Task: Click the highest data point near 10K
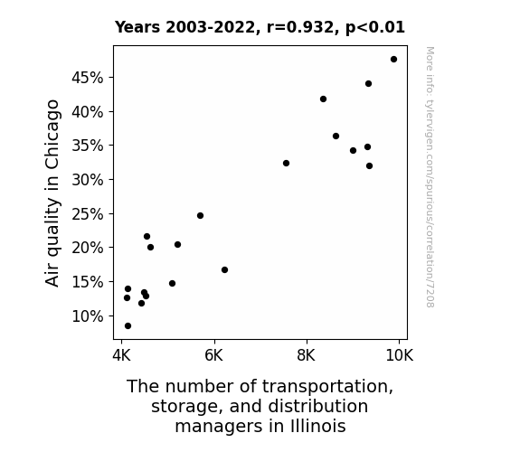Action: click(393, 60)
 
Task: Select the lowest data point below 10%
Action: click(128, 326)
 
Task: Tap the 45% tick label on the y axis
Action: click(87, 78)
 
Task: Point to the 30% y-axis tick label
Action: click(87, 180)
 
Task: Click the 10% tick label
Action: click(87, 316)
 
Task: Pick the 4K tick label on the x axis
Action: click(121, 355)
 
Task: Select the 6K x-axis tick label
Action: click(214, 355)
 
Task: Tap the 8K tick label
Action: click(306, 355)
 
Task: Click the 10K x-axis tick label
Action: click(400, 355)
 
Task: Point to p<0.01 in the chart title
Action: click(375, 27)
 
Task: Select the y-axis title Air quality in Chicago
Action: click(52, 193)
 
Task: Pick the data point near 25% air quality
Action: click(200, 215)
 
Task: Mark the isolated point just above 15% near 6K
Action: click(225, 270)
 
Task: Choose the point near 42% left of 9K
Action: click(324, 99)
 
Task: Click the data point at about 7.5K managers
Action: click(286, 163)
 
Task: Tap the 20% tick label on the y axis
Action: click(87, 248)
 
